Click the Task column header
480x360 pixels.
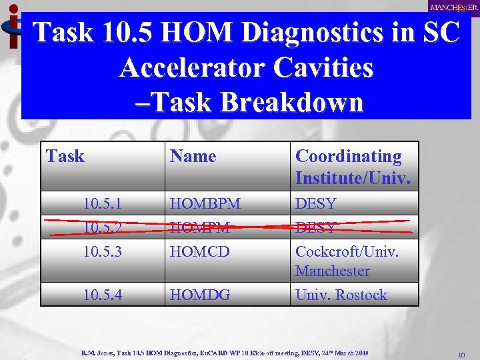65,157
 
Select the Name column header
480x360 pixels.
193,157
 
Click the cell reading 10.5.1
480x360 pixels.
103,203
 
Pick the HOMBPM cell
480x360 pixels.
205,203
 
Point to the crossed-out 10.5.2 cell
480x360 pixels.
103,227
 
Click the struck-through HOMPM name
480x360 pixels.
200,227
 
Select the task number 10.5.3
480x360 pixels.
103,253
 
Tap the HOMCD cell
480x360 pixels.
200,253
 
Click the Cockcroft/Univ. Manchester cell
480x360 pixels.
347,261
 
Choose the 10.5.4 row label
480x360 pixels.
103,294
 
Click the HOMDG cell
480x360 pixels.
201,294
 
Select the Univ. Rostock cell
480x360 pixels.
341,294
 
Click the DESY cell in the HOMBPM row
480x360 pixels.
316,203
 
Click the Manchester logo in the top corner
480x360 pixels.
453,7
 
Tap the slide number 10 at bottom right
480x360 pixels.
460,354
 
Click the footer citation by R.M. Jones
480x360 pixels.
224,351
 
